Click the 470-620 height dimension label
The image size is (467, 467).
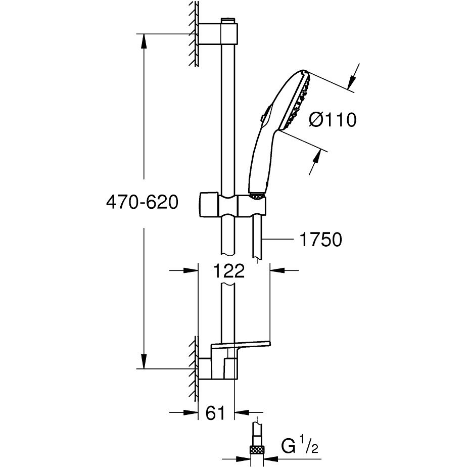142,203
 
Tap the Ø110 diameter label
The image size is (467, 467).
333,120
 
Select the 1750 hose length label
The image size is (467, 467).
321,240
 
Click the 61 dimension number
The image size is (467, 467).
215,413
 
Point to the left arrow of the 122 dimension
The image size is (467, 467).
190,270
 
